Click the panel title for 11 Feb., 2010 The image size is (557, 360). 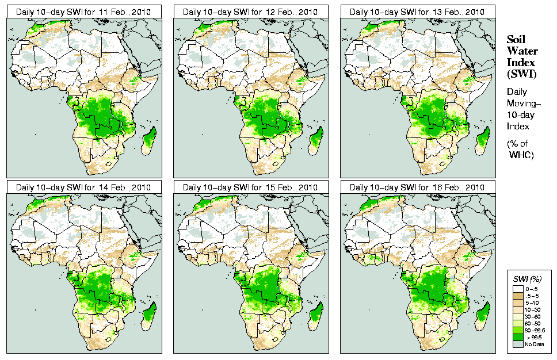pos(84,11)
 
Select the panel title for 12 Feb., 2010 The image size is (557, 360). pos(251,11)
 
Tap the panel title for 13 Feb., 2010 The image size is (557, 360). pos(418,11)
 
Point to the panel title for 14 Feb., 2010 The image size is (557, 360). pos(84,187)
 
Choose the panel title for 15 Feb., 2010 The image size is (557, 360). pos(251,187)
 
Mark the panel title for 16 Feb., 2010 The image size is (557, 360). pos(418,187)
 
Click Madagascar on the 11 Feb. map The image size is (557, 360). pos(150,141)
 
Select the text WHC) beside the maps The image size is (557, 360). pos(522,155)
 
